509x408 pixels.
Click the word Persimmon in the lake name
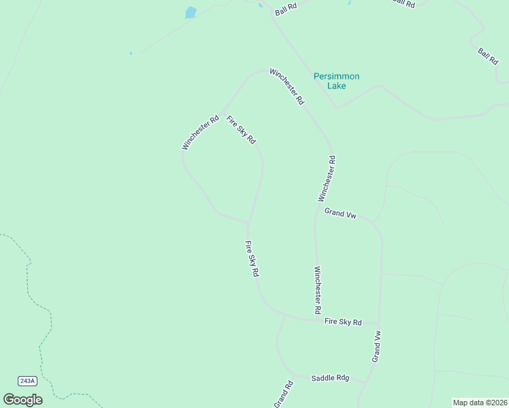pos(336,76)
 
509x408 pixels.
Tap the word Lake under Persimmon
pos(336,86)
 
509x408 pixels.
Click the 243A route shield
pos(27,381)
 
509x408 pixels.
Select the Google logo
pos(22,400)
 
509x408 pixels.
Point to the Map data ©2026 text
pos(479,403)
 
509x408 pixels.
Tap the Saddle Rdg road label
pos(330,378)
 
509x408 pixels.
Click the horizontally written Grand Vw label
pos(340,214)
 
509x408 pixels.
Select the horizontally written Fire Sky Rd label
pos(343,322)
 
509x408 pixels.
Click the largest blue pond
pos(191,12)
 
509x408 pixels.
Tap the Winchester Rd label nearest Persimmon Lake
pos(286,86)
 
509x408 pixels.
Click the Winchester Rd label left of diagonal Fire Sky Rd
pos(200,132)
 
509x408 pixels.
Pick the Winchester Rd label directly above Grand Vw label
pos(327,178)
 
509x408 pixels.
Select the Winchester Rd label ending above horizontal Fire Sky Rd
pos(317,290)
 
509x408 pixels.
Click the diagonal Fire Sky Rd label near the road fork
pos(241,129)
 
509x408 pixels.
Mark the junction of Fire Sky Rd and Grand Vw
pos(378,324)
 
